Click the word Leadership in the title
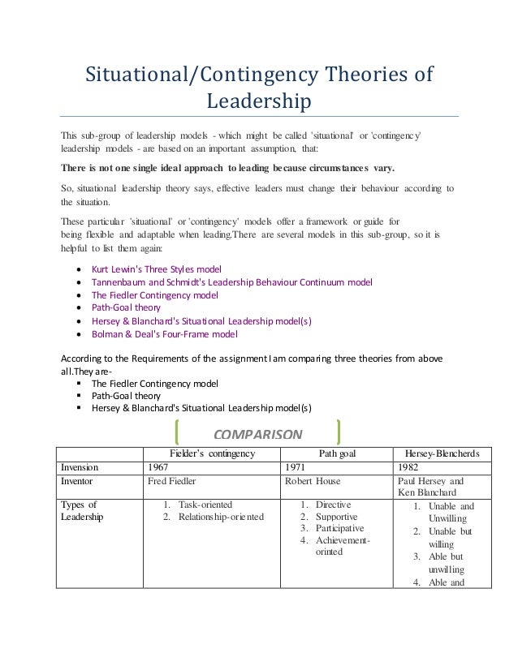(259, 103)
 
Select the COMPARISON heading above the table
(257, 432)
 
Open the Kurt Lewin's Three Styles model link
(156, 268)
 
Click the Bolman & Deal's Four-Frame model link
(165, 333)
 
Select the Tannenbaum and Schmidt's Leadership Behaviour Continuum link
(232, 281)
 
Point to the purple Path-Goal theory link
(126, 307)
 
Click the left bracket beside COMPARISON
(177, 432)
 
